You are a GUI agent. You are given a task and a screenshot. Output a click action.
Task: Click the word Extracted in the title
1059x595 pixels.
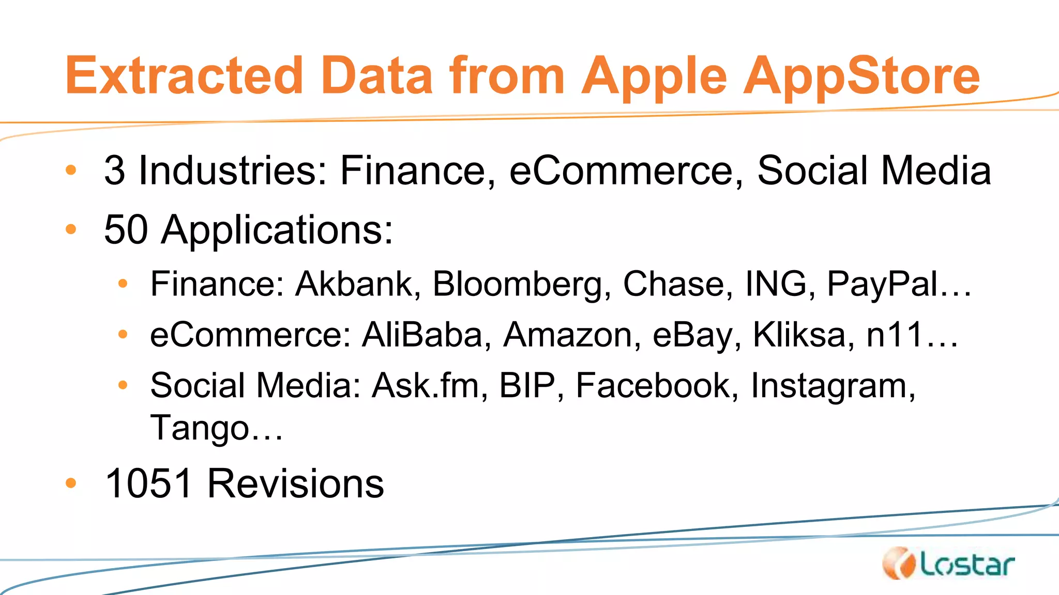click(184, 76)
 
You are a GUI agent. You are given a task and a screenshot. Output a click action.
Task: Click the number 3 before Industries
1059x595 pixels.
click(114, 170)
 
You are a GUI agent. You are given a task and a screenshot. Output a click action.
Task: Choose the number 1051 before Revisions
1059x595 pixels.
click(149, 483)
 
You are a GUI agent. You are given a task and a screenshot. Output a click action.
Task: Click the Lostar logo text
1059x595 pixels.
click(967, 565)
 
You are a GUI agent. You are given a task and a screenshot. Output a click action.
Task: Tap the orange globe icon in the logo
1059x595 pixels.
click(899, 563)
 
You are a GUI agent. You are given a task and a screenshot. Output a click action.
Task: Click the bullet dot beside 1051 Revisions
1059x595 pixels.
click(71, 483)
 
